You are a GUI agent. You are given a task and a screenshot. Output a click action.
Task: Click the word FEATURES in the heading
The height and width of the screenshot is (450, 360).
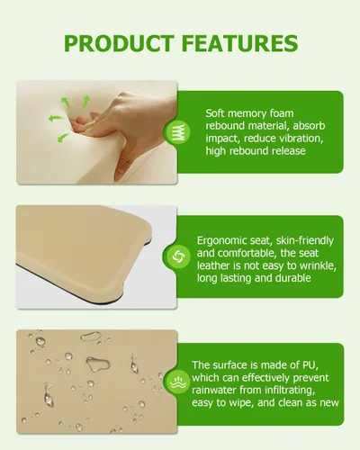(x=239, y=43)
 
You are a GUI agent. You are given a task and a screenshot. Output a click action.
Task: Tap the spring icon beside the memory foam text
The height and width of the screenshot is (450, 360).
(x=178, y=132)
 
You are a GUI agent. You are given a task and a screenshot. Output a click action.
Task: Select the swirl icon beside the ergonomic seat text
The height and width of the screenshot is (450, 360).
(x=178, y=256)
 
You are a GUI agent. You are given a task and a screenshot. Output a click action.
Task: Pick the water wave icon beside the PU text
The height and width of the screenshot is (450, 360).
(x=178, y=382)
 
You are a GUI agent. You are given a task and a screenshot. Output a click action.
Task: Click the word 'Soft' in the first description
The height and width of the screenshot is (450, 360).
(x=215, y=113)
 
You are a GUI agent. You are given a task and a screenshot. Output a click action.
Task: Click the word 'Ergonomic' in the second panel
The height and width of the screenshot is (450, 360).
(x=222, y=241)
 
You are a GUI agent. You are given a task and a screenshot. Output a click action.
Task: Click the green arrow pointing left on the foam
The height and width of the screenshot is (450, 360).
(x=56, y=118)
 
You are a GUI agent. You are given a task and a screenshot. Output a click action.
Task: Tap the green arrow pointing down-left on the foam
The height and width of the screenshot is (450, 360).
(x=63, y=138)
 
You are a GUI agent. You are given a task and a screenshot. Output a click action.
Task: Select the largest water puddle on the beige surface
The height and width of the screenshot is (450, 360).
(x=98, y=364)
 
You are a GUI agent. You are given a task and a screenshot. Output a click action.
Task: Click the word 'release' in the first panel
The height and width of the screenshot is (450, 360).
(x=289, y=150)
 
